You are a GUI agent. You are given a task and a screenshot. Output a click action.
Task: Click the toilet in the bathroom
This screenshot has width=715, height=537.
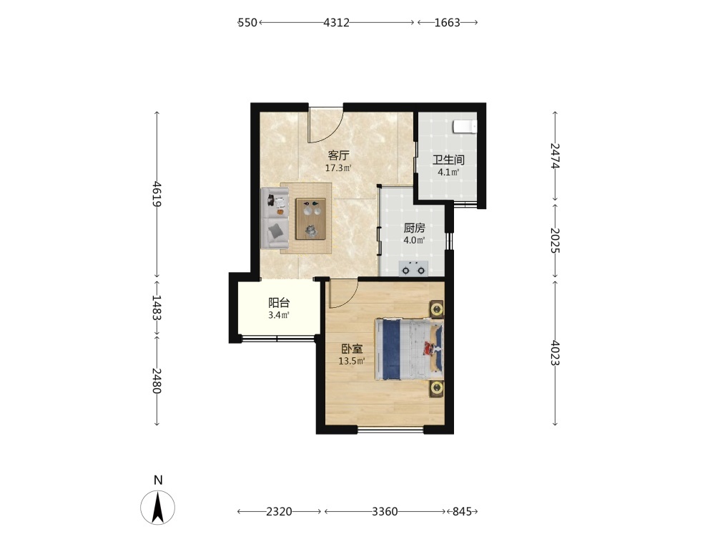coord(465,127)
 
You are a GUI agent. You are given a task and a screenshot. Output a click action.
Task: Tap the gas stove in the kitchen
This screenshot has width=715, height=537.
coord(413,268)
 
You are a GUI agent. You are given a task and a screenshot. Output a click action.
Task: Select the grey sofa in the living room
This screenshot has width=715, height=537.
coord(275,218)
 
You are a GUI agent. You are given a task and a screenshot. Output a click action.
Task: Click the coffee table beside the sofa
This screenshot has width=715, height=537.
coord(310,218)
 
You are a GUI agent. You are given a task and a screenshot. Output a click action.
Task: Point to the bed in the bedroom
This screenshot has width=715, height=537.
coord(409,349)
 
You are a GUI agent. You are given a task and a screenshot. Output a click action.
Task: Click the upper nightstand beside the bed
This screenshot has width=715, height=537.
coord(436,309)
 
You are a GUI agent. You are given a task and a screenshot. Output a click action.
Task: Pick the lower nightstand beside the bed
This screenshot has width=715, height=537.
coord(436,389)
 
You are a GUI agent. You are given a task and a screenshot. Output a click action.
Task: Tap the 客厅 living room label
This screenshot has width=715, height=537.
coord(338,155)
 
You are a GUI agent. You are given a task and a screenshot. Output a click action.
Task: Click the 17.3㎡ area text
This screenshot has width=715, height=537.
coord(338,168)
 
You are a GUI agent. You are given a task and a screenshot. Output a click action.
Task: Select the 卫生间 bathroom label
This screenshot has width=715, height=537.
coord(448,160)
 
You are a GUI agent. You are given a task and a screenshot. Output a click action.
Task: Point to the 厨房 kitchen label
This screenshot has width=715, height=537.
coord(414,228)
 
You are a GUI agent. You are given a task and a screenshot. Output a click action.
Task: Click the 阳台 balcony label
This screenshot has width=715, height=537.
coord(279,302)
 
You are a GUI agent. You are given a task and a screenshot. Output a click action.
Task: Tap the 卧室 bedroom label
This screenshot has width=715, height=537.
coord(352,349)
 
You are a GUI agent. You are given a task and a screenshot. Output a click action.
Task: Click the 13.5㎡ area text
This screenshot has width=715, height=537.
coord(352,362)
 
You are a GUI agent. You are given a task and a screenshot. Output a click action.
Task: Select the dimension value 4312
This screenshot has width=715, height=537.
coord(337,22)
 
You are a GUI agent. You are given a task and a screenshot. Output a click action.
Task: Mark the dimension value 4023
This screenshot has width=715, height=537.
coord(555,352)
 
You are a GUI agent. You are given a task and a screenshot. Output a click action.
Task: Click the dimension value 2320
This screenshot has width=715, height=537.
coord(279,511)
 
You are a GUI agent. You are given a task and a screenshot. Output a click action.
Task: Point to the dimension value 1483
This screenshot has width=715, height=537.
coord(157,307)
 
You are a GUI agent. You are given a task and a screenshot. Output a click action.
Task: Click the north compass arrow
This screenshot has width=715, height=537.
coord(158,507)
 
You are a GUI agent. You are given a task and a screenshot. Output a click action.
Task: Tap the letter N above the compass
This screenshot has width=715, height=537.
coord(158,480)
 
